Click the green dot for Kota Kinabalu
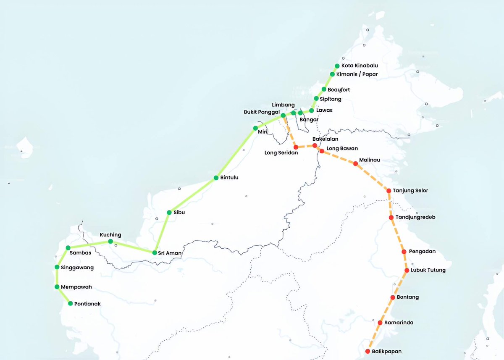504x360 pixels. pyautogui.click(x=337, y=66)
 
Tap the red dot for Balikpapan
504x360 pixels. pyautogui.click(x=368, y=351)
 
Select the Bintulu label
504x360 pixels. pyautogui.click(x=229, y=178)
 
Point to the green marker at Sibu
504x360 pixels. pyautogui.click(x=169, y=213)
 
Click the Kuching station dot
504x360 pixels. pyautogui.click(x=110, y=241)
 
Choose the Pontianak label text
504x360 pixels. pyautogui.click(x=88, y=303)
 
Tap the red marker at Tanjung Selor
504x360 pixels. pyautogui.click(x=389, y=191)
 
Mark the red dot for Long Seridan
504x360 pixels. pyautogui.click(x=296, y=147)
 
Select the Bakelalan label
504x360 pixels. pyautogui.click(x=325, y=139)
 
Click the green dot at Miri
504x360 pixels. pyautogui.click(x=255, y=128)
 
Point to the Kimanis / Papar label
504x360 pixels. pyautogui.click(x=360, y=74)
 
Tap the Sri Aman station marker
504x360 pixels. pyautogui.click(x=155, y=253)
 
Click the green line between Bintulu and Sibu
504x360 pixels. pyautogui.click(x=192, y=195)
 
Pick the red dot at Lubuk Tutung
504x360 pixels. pyautogui.click(x=407, y=270)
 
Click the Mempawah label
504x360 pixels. pyautogui.click(x=76, y=287)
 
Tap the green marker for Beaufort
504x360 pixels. pyautogui.click(x=324, y=89)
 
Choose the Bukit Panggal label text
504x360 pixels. pyautogui.click(x=262, y=112)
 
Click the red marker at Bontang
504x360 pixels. pyautogui.click(x=393, y=297)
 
